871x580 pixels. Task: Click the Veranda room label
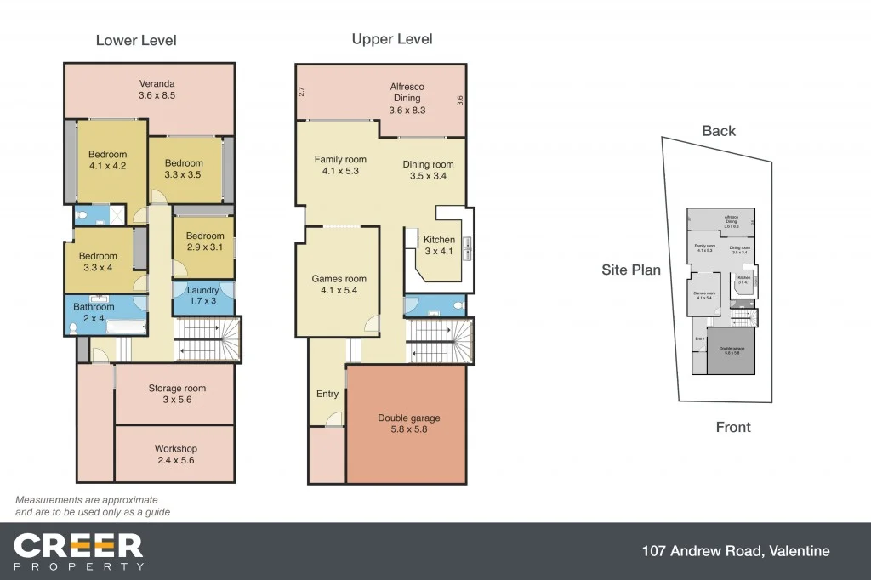point(157,90)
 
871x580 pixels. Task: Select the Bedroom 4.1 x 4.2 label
point(107,160)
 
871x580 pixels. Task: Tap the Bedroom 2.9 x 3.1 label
point(205,242)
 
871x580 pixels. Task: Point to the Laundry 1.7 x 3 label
point(202,295)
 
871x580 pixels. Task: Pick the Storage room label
point(177,394)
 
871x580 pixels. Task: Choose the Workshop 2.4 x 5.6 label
point(175,454)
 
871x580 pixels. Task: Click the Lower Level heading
point(136,40)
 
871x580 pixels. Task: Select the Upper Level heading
point(392,39)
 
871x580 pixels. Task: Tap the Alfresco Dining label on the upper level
point(407,98)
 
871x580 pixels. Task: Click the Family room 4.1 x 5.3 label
point(340,165)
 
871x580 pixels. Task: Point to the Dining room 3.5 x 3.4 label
point(428,170)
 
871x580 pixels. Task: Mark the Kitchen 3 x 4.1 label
point(439,245)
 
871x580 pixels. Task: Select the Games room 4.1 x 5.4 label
point(339,284)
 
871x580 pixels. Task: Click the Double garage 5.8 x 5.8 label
point(408,424)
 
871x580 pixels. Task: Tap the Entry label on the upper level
point(327,394)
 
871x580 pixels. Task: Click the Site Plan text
point(631,270)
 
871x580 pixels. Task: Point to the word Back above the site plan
point(719,131)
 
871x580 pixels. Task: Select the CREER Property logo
point(78,551)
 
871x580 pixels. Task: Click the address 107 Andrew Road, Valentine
point(736,551)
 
